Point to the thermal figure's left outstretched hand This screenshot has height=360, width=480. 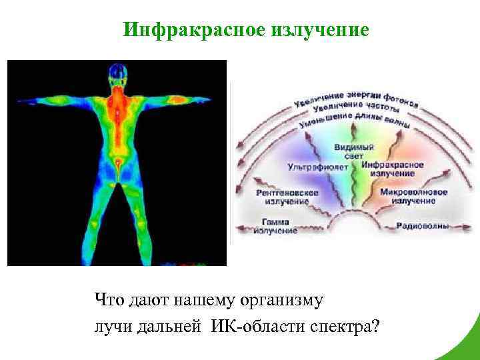tap(23, 101)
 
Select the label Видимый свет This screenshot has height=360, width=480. tap(349, 149)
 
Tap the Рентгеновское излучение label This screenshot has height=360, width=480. tap(287, 196)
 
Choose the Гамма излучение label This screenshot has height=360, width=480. tap(275, 227)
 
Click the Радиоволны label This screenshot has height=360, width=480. tap(423, 226)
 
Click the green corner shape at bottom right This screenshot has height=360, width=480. tap(467, 347)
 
